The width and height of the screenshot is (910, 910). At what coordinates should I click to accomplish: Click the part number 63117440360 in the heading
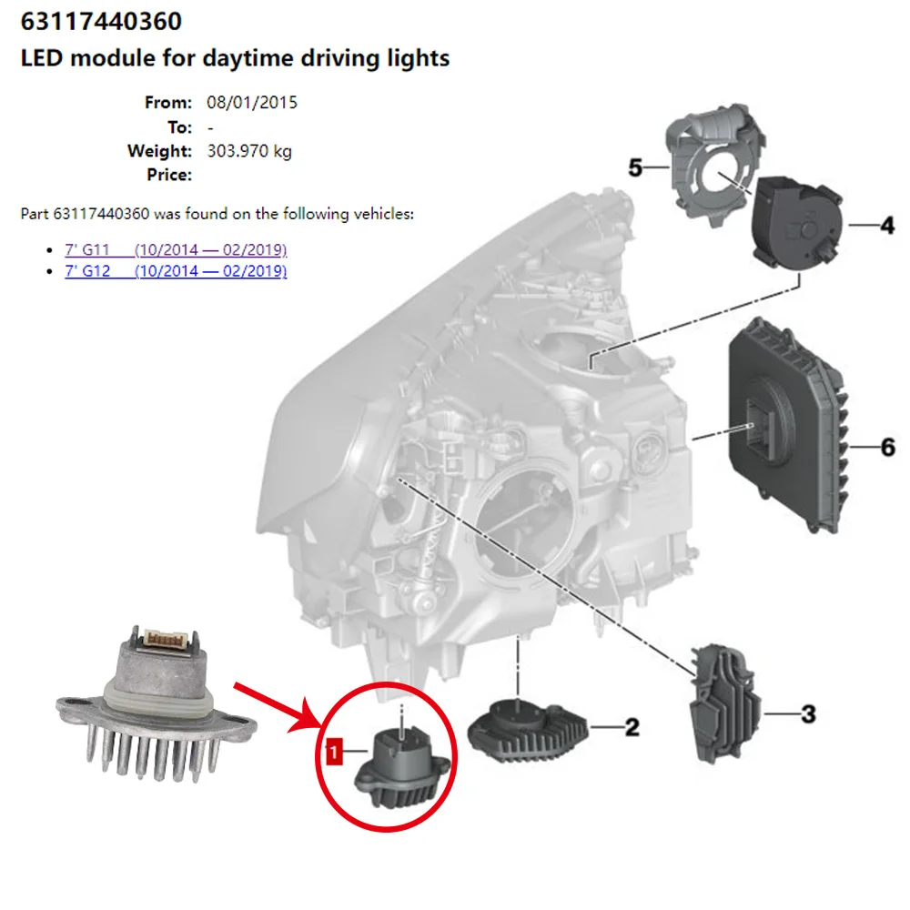point(101,21)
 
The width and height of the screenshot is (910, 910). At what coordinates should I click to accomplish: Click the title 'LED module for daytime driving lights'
point(235,59)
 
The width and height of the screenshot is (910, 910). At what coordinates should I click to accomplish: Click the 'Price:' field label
point(169,175)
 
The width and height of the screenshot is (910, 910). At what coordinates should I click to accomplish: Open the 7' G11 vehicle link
point(176,249)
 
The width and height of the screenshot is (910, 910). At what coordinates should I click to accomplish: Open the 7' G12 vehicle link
point(176,271)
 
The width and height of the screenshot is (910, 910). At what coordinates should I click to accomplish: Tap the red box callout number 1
point(335,752)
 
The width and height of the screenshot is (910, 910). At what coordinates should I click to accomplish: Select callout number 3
point(808,714)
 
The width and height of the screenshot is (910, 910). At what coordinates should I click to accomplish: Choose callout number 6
point(886,447)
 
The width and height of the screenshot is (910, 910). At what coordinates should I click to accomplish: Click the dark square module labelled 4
point(791,224)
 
